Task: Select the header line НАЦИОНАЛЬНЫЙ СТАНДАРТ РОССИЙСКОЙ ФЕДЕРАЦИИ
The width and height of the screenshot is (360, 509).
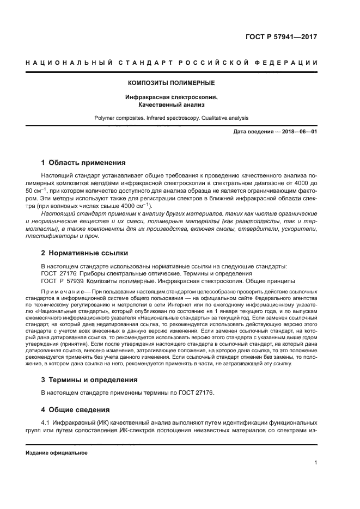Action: pos(171,63)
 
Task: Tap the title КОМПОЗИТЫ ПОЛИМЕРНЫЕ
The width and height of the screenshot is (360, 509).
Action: pos(171,83)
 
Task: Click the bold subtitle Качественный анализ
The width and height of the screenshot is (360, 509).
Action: pos(171,104)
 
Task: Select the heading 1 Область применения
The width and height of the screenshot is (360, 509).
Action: pos(83,162)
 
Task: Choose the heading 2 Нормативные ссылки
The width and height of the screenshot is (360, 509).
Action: pos(85,253)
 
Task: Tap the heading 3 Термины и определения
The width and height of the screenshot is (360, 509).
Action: pos(89,379)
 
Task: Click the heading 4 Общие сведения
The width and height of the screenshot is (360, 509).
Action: pos(76,409)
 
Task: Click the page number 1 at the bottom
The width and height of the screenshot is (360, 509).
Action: pos(316,463)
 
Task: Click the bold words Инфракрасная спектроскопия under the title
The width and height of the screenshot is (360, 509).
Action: pos(171,97)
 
